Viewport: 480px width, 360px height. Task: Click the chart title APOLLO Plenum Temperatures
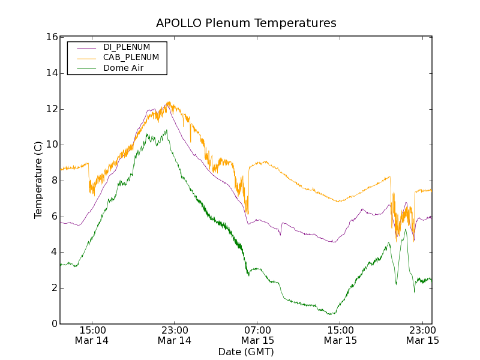tap(246, 23)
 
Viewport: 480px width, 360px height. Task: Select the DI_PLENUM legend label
tap(127, 47)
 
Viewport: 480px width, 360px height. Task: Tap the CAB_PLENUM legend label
tap(131, 58)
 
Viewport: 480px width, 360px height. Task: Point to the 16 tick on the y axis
tap(51, 37)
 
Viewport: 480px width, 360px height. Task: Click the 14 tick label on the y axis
tap(51, 73)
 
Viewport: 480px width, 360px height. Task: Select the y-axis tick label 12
tap(51, 109)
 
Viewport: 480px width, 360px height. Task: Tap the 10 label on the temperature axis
tap(51, 145)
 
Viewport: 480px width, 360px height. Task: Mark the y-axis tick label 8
tap(53, 181)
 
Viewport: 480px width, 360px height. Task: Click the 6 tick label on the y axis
tap(53, 217)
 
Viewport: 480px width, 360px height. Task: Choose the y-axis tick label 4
tap(53, 252)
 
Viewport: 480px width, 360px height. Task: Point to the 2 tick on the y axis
tap(53, 288)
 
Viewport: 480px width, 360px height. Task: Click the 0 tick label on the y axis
tap(53, 324)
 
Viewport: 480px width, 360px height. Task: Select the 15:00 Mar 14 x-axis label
tap(92, 335)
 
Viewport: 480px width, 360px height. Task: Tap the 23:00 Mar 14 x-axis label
tap(175, 335)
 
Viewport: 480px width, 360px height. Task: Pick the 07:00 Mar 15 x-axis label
tap(257, 335)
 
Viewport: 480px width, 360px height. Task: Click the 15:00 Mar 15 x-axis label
tap(340, 335)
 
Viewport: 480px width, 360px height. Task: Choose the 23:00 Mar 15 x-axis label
tap(422, 335)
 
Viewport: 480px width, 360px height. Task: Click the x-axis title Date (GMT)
tap(246, 352)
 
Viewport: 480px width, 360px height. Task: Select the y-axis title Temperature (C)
tap(38, 180)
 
